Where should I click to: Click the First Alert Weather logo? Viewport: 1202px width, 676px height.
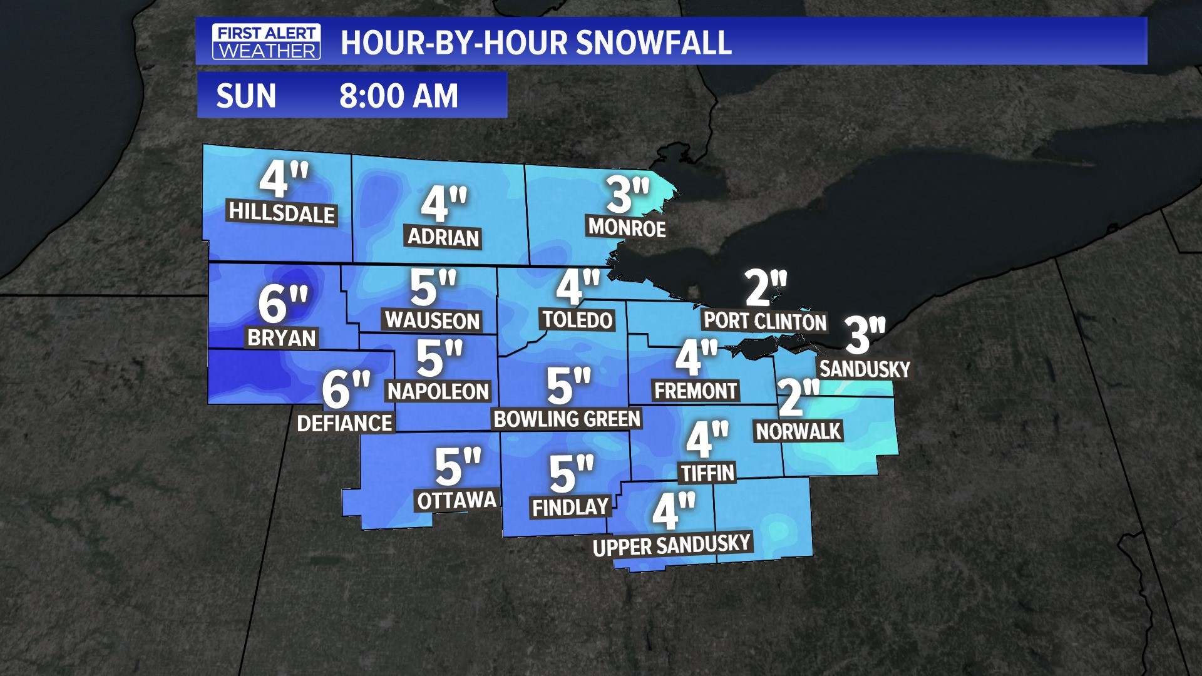click(266, 42)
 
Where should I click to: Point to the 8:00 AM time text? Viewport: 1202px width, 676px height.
click(399, 96)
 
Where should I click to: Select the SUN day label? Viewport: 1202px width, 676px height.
click(246, 96)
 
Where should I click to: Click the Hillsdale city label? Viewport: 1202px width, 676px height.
click(282, 213)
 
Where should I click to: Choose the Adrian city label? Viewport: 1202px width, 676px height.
click(443, 237)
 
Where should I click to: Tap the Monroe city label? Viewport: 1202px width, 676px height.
click(627, 228)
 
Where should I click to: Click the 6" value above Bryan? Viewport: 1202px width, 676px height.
click(283, 304)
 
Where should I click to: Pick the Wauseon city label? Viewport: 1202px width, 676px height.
click(432, 320)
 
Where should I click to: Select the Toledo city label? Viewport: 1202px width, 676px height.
click(577, 320)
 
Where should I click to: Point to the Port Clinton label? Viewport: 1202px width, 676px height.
click(764, 321)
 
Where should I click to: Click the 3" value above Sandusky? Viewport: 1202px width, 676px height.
click(865, 334)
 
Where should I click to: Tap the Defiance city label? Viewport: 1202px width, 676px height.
click(345, 423)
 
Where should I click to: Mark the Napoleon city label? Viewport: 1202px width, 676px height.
click(438, 392)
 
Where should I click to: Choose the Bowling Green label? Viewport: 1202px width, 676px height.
click(567, 419)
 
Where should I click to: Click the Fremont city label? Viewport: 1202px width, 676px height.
click(696, 391)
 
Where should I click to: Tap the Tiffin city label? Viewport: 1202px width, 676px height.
click(707, 473)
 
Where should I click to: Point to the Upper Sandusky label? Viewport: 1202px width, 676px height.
click(672, 545)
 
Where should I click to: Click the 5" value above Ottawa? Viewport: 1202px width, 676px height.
click(458, 467)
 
